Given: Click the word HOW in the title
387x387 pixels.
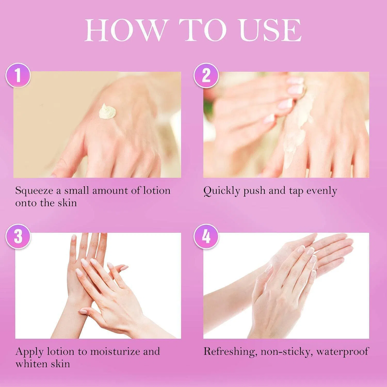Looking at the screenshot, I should click(124, 30).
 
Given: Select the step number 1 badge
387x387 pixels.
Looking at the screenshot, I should click(18, 76).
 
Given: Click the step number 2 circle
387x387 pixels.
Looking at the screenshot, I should click(206, 76).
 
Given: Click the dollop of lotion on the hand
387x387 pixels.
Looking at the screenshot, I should click(107, 112).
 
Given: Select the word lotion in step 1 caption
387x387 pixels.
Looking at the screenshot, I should click(157, 191).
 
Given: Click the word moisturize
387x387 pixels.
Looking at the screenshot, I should click(119, 352).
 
